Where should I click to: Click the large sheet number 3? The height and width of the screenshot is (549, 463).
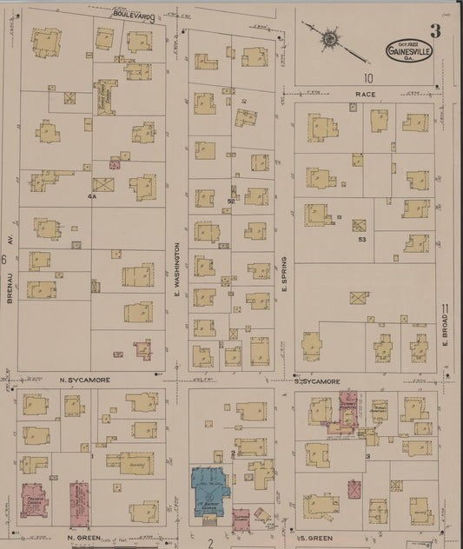[434, 32]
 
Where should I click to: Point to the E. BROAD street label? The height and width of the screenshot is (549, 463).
[444, 332]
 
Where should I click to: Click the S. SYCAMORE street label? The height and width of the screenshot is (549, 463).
[314, 380]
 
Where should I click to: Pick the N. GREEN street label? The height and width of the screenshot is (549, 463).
[80, 539]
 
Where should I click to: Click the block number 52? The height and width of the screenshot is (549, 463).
[231, 202]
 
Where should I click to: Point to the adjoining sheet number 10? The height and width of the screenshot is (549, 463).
[368, 77]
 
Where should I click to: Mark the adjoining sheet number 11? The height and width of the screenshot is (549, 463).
[446, 309]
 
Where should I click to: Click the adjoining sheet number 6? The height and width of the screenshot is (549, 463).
[5, 259]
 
